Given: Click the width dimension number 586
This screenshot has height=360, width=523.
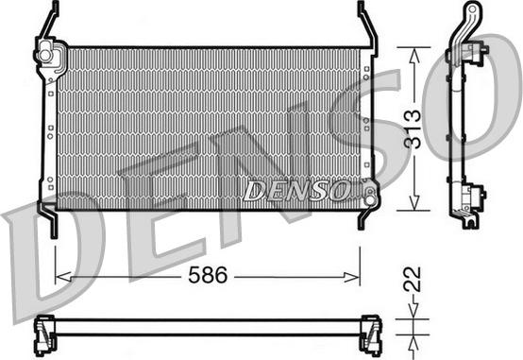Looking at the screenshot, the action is (208, 275).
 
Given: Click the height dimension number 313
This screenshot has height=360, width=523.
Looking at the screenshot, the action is (413, 129).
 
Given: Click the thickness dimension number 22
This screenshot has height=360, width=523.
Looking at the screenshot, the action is (413, 280).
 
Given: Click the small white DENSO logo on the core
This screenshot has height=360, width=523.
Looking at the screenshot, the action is (296, 191).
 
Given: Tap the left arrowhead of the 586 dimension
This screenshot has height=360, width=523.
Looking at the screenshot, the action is (63, 277).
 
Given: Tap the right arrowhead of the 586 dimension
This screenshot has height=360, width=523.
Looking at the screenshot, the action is (352, 277).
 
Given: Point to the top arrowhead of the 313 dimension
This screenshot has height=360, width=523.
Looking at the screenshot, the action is (413, 56).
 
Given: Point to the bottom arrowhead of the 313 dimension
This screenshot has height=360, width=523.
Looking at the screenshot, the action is (413, 203).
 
